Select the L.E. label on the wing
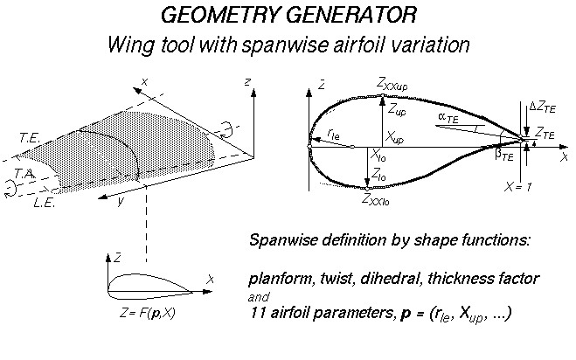coord(43,203)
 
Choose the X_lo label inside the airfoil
coord(379,156)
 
